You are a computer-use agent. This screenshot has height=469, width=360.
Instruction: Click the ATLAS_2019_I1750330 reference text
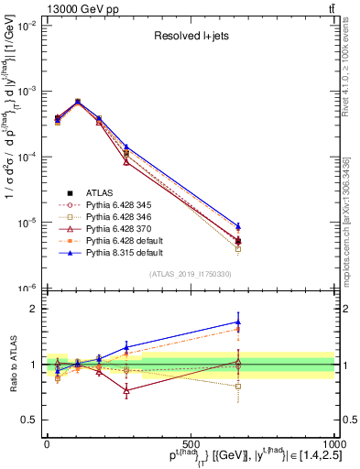[190, 274]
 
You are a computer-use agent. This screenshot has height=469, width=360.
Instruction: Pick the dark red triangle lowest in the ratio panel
[125, 390]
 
